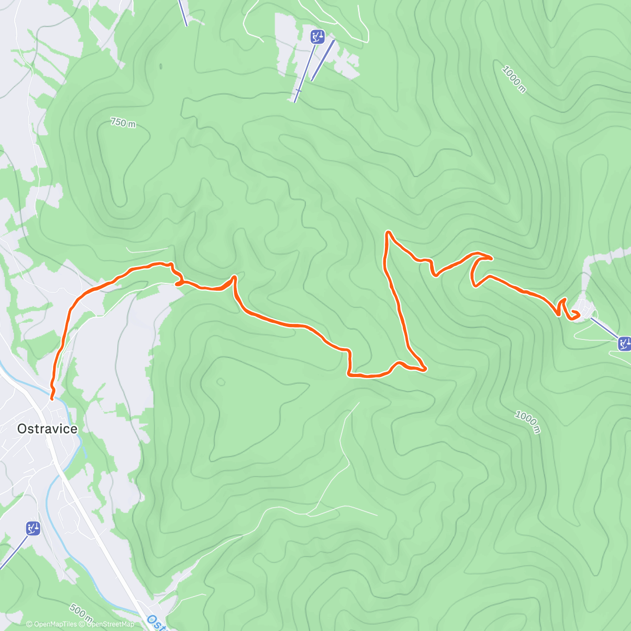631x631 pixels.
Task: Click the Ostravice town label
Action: pyautogui.click(x=47, y=429)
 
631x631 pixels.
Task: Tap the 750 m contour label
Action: pyautogui.click(x=123, y=123)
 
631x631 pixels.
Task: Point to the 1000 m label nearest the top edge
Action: pyautogui.click(x=514, y=79)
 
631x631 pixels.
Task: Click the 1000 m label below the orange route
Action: pyautogui.click(x=527, y=422)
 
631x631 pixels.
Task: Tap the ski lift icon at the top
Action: pyautogui.click(x=318, y=36)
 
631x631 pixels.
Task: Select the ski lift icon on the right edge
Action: pyautogui.click(x=625, y=344)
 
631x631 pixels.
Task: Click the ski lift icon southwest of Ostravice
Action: pyautogui.click(x=33, y=528)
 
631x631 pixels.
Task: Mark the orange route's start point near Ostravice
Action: pyautogui.click(x=52, y=399)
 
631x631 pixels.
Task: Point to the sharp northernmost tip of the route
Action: pyautogui.click(x=388, y=232)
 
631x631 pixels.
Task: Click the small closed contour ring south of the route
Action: pyautogui.click(x=220, y=381)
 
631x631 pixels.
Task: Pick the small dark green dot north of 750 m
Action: pyautogui.click(x=160, y=66)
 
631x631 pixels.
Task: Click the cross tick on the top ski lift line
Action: pyautogui.click(x=298, y=91)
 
